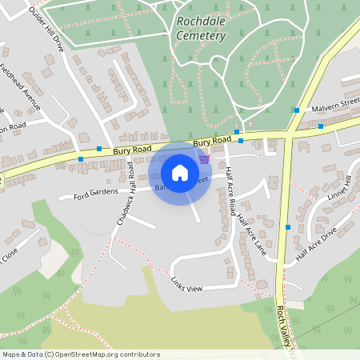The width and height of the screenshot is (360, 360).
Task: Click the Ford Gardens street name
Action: coord(90,194)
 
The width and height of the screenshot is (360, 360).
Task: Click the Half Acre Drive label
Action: coord(317,242)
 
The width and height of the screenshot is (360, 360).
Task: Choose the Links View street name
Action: coord(186,284)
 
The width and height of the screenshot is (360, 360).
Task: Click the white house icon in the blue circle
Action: coord(180,173)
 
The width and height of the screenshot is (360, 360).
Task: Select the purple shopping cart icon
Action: coord(205,158)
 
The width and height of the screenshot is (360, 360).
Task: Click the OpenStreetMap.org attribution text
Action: coord(81,354)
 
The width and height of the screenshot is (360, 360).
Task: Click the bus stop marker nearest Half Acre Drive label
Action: coord(288,227)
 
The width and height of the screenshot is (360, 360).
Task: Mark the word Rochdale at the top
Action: coord(200,22)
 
